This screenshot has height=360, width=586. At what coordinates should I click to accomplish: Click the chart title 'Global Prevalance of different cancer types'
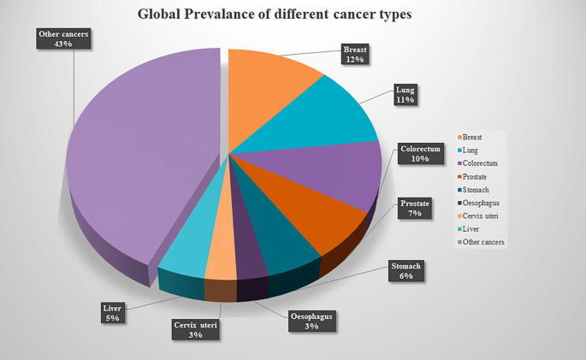click(x=275, y=15)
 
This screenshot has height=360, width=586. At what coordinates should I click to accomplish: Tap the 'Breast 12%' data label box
click(x=355, y=54)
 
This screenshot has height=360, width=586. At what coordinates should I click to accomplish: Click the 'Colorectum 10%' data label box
click(x=421, y=154)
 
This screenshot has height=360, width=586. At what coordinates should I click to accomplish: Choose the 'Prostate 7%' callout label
click(x=416, y=208)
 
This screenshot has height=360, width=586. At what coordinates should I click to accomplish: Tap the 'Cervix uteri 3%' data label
click(x=196, y=329)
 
